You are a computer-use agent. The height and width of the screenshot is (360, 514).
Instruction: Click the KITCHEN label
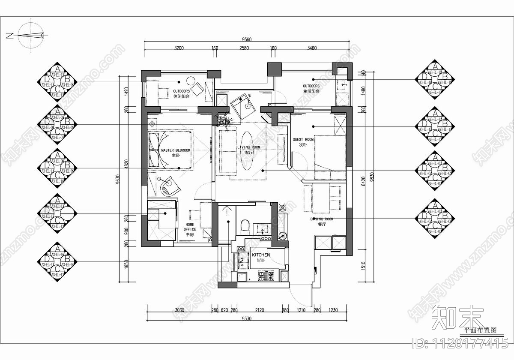click(x=260, y=255)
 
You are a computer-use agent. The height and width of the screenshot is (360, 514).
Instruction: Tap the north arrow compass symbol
click(x=31, y=36)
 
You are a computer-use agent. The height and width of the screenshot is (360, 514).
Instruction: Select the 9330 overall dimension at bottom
click(x=247, y=318)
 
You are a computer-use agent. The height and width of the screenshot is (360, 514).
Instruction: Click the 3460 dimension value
click(x=312, y=48)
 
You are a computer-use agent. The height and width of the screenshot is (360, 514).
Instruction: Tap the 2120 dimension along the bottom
click(x=259, y=310)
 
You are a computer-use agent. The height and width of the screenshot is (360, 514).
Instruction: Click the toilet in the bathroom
click(x=245, y=225)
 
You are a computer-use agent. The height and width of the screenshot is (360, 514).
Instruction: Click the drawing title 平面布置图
click(x=481, y=330)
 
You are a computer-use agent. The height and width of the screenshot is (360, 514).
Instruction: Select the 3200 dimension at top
click(x=179, y=48)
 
